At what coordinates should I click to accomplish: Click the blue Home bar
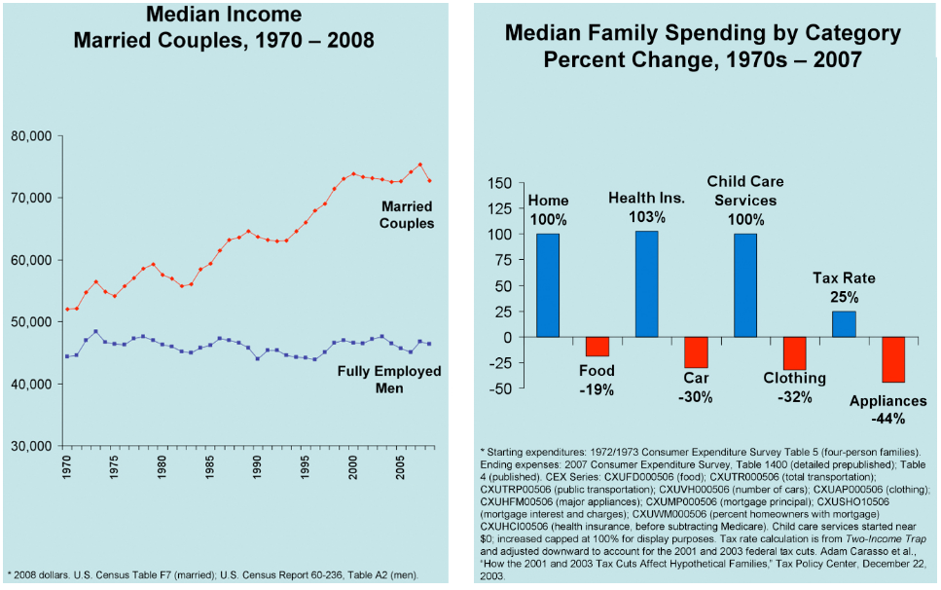coord(548,285)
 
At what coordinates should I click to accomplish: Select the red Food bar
coord(597,347)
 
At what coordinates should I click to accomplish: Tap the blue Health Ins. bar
coord(646,284)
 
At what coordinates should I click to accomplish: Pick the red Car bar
coord(696,352)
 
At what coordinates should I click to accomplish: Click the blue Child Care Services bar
coord(745,285)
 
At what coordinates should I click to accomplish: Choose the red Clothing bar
coord(794,353)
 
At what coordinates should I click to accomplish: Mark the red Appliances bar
coord(893,359)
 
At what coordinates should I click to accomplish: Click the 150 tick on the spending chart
coord(498,183)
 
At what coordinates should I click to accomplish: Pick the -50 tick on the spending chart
coord(500,388)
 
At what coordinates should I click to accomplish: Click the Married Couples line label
coord(408,215)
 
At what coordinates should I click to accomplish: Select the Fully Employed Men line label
coord(389,380)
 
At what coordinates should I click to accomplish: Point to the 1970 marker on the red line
coord(67,310)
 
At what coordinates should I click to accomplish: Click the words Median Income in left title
coord(224,16)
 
